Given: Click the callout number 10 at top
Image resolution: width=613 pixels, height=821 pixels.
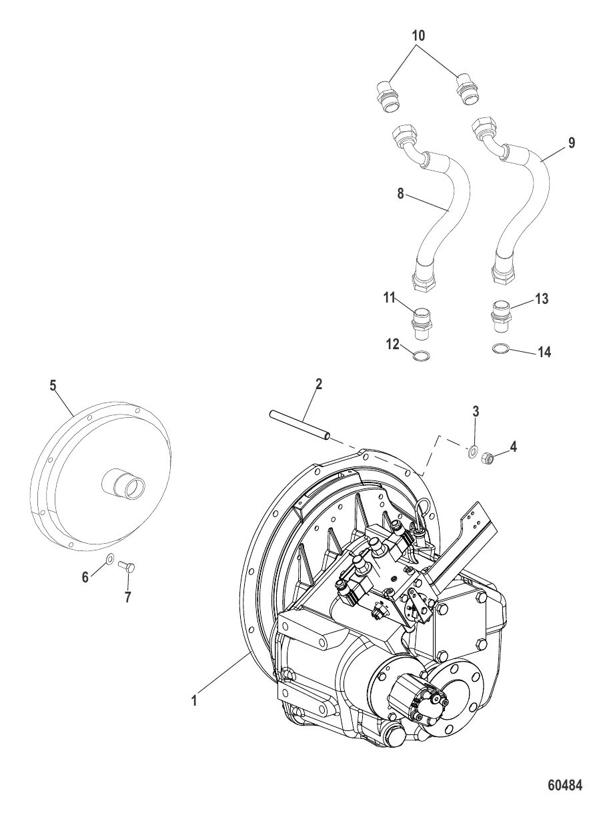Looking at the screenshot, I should click(x=418, y=35).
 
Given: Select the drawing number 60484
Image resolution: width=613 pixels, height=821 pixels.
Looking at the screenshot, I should click(x=565, y=786).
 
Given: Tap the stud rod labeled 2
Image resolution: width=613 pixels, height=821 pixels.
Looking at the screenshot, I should click(x=300, y=426).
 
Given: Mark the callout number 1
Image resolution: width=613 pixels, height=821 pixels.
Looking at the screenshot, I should click(x=195, y=701).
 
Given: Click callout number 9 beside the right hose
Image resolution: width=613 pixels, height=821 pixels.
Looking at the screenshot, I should click(x=571, y=143).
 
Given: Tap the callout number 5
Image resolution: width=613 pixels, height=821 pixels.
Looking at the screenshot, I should click(x=53, y=385).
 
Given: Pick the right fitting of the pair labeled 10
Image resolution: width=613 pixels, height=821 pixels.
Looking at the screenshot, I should click(x=466, y=89).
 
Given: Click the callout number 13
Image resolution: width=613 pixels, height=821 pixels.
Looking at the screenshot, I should click(x=542, y=299).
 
